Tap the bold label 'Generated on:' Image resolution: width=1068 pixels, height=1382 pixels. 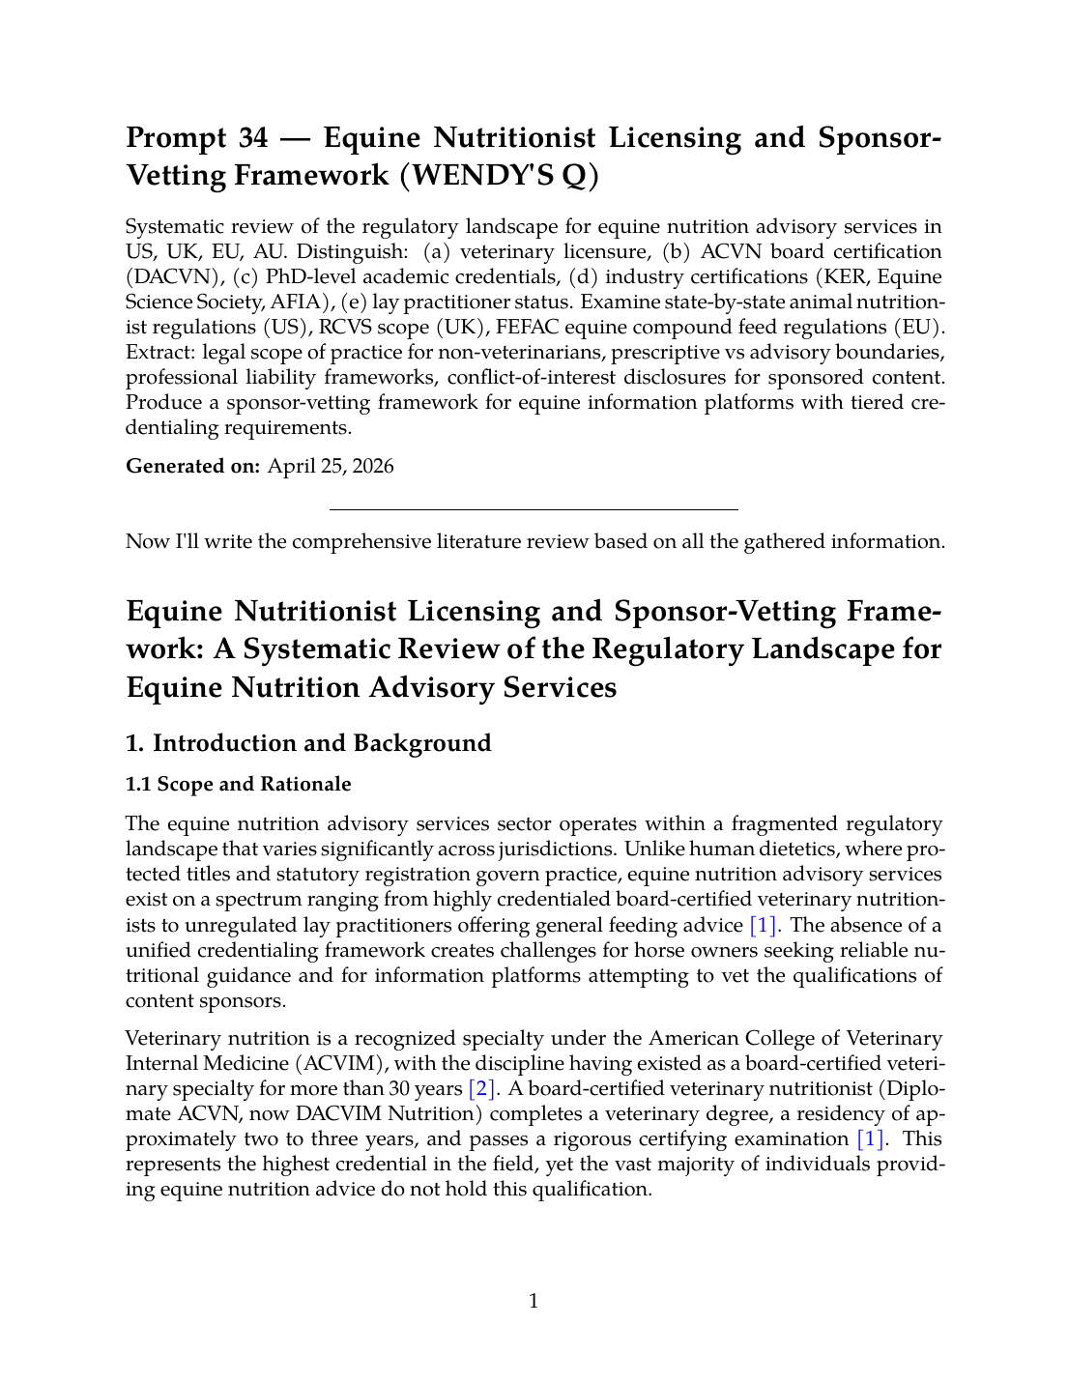click(192, 467)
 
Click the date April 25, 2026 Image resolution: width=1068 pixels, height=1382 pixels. click(331, 467)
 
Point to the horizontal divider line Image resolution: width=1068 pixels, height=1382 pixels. click(534, 509)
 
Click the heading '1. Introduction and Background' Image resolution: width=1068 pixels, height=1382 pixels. click(308, 743)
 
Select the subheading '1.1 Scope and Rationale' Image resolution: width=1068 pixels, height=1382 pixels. click(239, 784)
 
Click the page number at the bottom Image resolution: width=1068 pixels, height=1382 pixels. click(534, 1301)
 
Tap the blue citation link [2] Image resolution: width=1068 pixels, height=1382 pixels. click(482, 1089)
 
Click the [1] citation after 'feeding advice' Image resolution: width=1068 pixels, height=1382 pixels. click(764, 925)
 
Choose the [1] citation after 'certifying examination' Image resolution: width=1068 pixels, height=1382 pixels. click(871, 1139)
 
